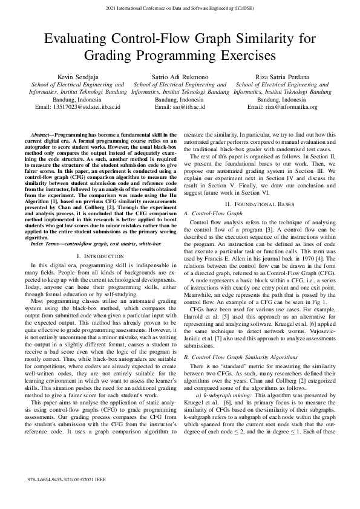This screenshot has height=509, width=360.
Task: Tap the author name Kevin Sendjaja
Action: [x=77, y=77]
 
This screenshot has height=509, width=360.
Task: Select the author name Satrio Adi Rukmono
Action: [x=180, y=77]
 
